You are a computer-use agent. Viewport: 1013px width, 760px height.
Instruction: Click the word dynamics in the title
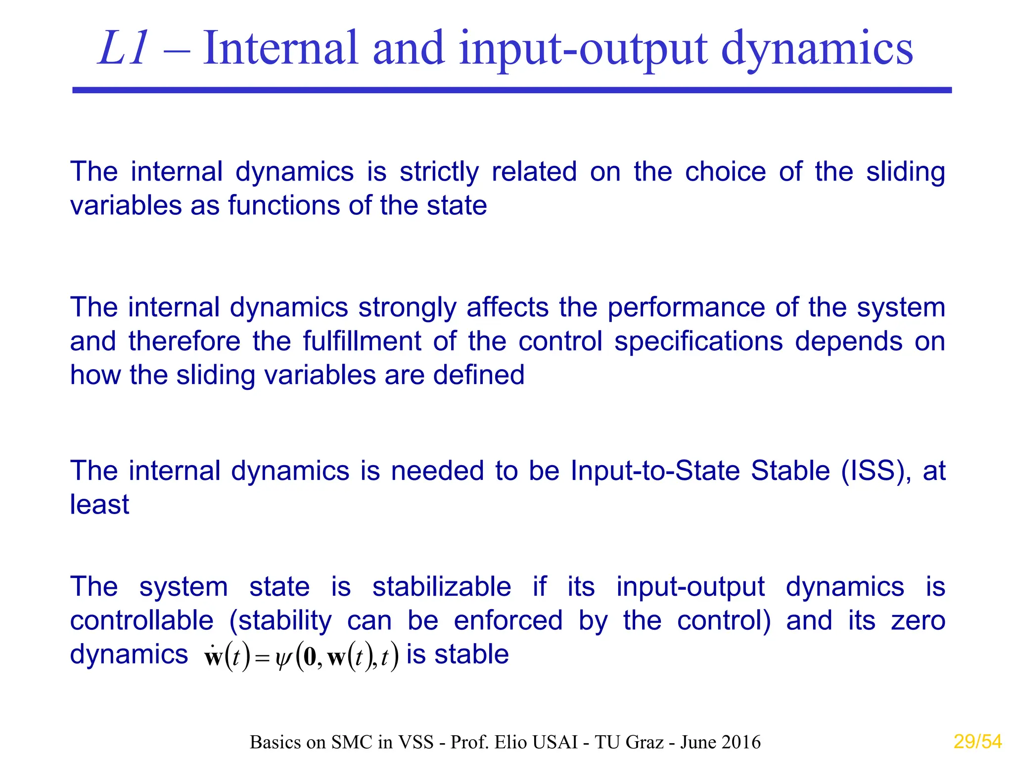pos(817,49)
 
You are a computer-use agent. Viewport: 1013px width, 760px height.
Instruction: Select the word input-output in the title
pos(583,49)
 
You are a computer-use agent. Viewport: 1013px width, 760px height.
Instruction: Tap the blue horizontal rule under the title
pos(512,90)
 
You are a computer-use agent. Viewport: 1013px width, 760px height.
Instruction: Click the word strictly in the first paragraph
pos(439,172)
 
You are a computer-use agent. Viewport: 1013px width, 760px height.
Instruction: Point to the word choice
pos(725,172)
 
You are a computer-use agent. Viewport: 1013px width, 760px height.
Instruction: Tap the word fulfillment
pos(363,341)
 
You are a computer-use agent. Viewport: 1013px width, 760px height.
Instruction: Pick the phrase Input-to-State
pos(655,471)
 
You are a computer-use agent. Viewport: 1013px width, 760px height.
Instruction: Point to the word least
pos(99,505)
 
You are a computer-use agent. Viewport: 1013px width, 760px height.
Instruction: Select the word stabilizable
pos(441,587)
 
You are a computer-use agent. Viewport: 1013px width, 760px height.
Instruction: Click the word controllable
pos(141,620)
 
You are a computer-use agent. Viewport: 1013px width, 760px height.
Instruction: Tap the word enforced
pos(508,620)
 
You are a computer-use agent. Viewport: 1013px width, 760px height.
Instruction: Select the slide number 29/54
pos(977,742)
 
